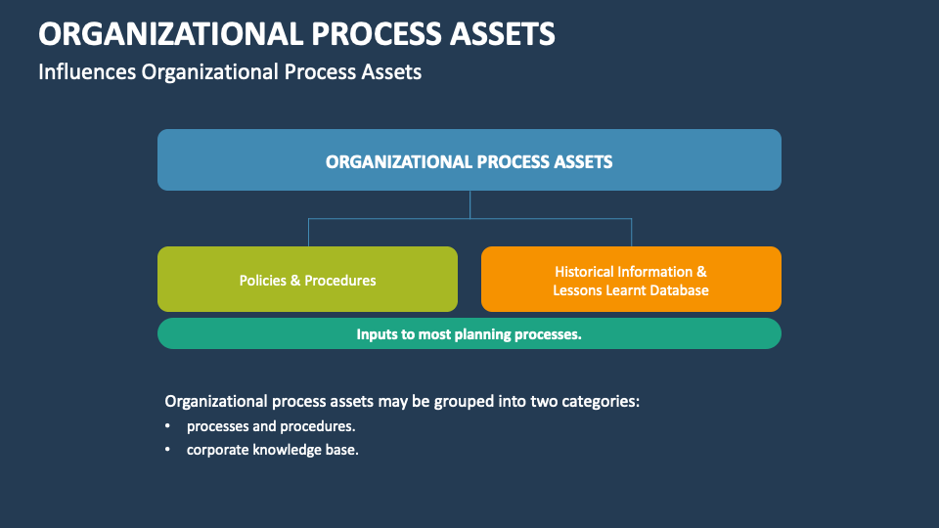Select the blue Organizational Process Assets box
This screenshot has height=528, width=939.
click(x=469, y=159)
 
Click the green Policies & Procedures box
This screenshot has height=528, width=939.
click(x=307, y=280)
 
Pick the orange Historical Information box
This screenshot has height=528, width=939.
click(x=631, y=280)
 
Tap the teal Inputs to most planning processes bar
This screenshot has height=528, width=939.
click(x=469, y=333)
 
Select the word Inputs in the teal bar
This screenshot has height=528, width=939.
click(x=377, y=333)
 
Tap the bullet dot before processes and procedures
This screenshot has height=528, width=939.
click(x=167, y=426)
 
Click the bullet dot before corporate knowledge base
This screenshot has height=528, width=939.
click(x=167, y=451)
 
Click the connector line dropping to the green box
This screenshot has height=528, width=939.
click(x=309, y=233)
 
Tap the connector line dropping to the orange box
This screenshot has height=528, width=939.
click(x=631, y=233)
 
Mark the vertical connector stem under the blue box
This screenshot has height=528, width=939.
click(x=470, y=203)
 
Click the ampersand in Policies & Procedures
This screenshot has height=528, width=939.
click(x=295, y=281)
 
